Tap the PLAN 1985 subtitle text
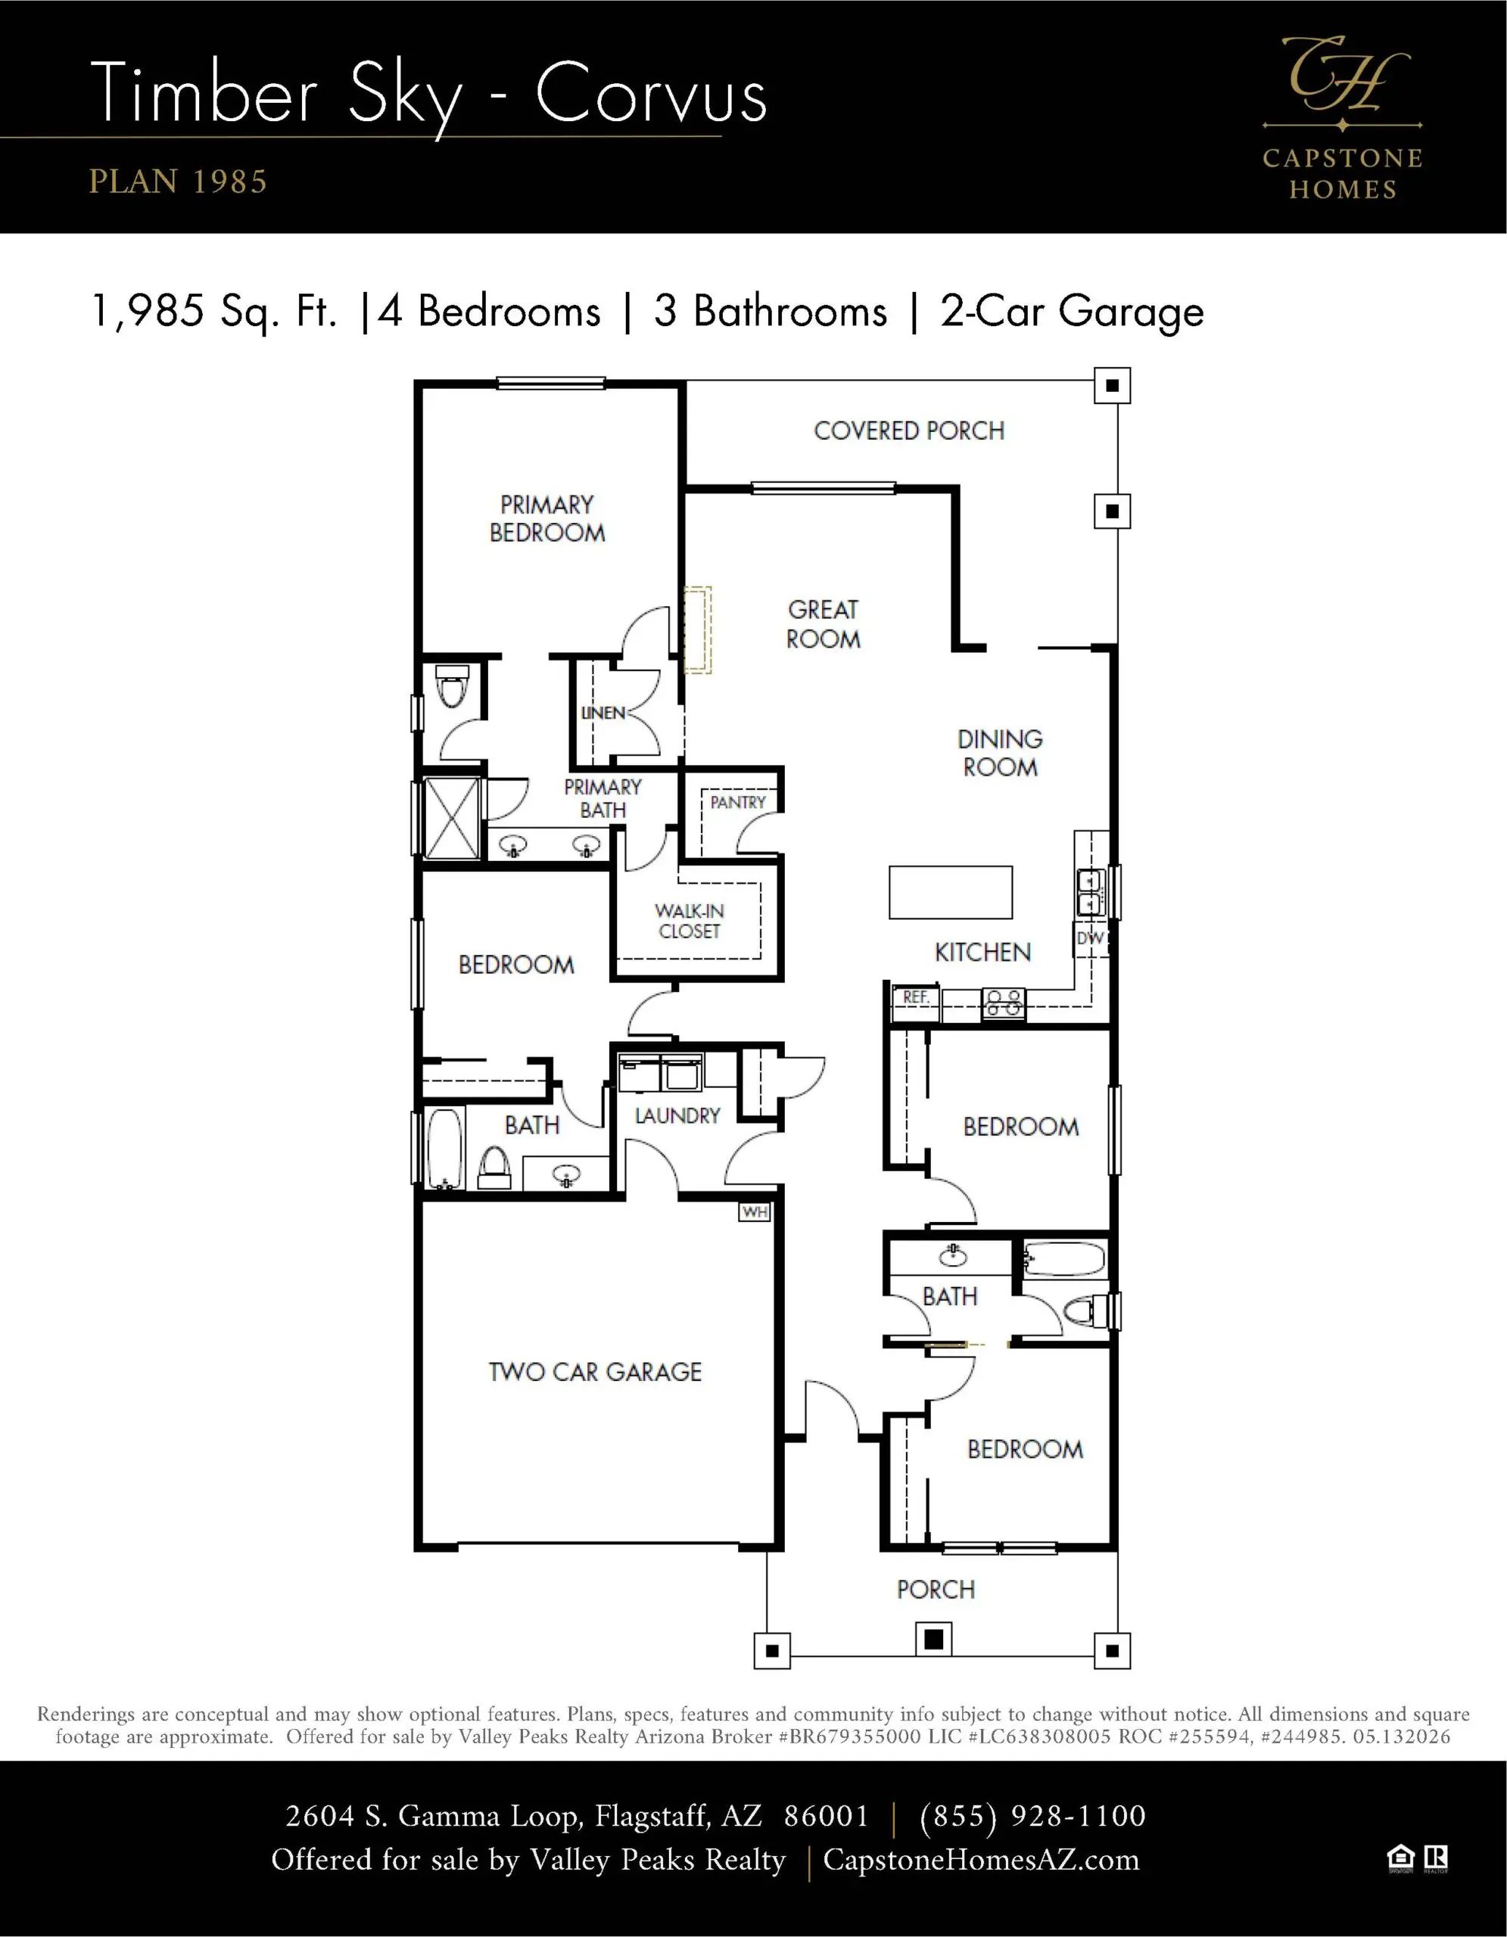click(x=177, y=182)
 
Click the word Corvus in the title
click(x=651, y=94)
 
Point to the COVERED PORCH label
click(x=909, y=431)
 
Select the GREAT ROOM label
click(x=823, y=624)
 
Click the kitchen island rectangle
click(x=951, y=892)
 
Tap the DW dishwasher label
click(x=1089, y=938)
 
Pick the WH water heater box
click(x=755, y=1211)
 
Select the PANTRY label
click(x=738, y=803)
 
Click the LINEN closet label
click(x=603, y=713)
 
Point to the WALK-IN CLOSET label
click(x=690, y=922)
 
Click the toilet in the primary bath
click(x=453, y=687)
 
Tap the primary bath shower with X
click(x=453, y=819)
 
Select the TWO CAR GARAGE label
click(x=595, y=1372)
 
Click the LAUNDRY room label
click(x=677, y=1116)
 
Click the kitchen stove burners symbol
click(x=1003, y=1003)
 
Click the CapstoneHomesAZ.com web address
click(x=981, y=1860)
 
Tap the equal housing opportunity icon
click(x=1400, y=1858)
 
